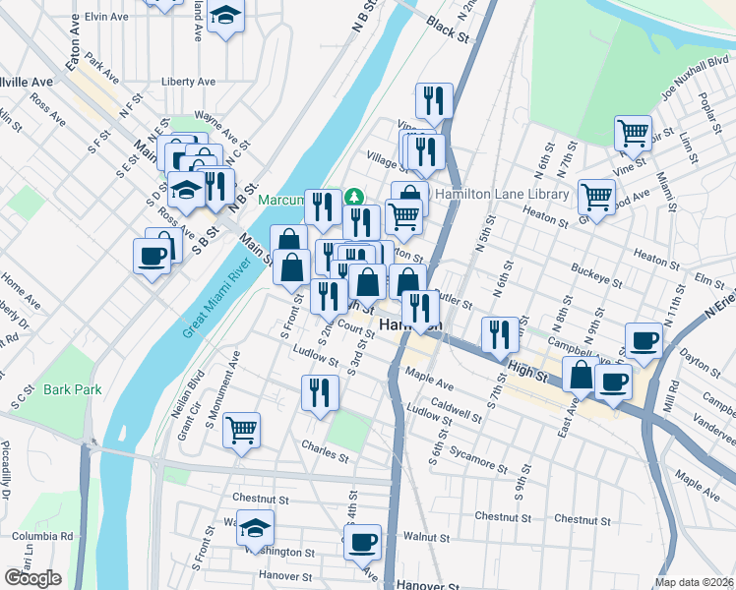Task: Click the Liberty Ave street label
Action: click(189, 82)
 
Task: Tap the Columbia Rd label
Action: click(42, 536)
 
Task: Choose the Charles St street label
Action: click(326, 456)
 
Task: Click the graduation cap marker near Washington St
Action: click(256, 528)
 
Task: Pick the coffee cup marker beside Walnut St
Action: click(363, 540)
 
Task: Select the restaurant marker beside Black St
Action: click(433, 99)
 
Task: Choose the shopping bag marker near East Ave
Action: click(581, 376)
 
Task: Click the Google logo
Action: click(32, 578)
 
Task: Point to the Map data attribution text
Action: click(695, 582)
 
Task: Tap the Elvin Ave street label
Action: click(106, 17)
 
